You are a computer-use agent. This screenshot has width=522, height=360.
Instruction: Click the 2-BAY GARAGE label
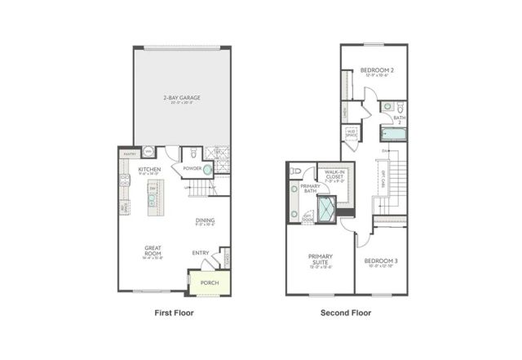182,97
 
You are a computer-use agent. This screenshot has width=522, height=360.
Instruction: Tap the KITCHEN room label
148,170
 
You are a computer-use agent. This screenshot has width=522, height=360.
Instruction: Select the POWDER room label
192,170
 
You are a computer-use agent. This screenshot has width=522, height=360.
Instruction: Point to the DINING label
205,220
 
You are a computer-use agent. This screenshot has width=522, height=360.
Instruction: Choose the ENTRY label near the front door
201,252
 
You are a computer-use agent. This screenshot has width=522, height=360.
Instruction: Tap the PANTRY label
129,153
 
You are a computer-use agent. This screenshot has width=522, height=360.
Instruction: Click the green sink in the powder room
207,170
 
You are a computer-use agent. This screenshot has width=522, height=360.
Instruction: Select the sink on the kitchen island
153,189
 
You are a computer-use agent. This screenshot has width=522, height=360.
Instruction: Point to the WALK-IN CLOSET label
336,175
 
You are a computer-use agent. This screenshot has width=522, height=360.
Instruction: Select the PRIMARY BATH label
310,188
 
